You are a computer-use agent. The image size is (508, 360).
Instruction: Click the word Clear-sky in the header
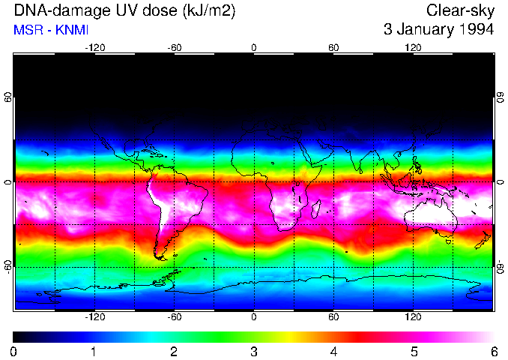point(460,10)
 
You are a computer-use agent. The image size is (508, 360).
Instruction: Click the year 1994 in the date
point(475,30)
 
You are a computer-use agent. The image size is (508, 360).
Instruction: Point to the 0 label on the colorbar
point(14,351)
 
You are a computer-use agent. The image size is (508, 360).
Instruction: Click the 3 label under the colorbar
point(254,351)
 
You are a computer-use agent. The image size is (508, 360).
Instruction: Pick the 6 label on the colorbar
point(493,351)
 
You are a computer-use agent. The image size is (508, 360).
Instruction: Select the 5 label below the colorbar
point(414,351)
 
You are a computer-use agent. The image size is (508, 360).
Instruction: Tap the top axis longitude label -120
point(94,48)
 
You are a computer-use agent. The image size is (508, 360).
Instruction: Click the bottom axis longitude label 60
point(333,316)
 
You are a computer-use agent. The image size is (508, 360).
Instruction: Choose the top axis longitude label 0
point(254,48)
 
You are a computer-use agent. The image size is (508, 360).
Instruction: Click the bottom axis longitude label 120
point(413,316)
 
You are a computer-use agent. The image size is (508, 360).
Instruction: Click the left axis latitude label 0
point(8,182)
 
